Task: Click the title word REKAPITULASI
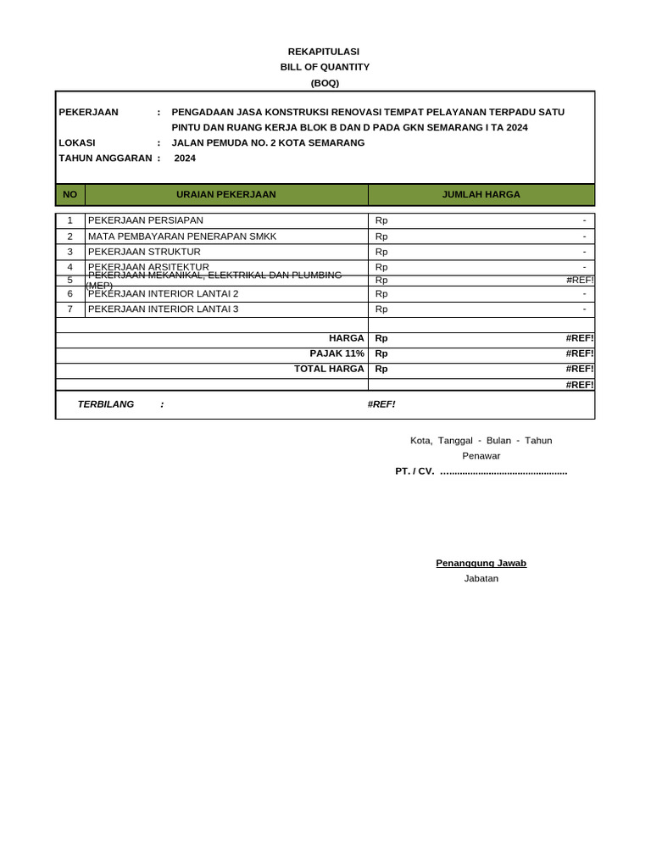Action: (x=325, y=52)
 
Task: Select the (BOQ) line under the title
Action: (x=325, y=82)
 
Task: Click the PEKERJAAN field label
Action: (x=89, y=112)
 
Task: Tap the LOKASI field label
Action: (x=77, y=142)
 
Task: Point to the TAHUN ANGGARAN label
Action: (x=105, y=158)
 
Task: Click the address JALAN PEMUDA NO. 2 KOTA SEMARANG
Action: (x=268, y=142)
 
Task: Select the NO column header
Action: (x=70, y=194)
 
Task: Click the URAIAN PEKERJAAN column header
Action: (x=226, y=194)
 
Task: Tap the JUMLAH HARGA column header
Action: (x=481, y=194)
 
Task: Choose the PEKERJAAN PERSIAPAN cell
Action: (x=146, y=220)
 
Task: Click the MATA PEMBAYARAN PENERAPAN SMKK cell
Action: (x=182, y=236)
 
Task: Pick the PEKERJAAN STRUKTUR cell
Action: (x=145, y=252)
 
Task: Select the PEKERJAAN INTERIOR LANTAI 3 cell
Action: (x=164, y=309)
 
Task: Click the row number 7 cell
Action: (x=70, y=309)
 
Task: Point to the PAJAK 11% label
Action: (x=337, y=353)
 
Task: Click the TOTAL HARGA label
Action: (x=329, y=369)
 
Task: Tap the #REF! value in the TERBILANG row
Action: (x=381, y=404)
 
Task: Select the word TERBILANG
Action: (x=106, y=404)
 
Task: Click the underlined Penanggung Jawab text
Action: (x=481, y=563)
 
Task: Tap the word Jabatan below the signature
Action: (x=481, y=578)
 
